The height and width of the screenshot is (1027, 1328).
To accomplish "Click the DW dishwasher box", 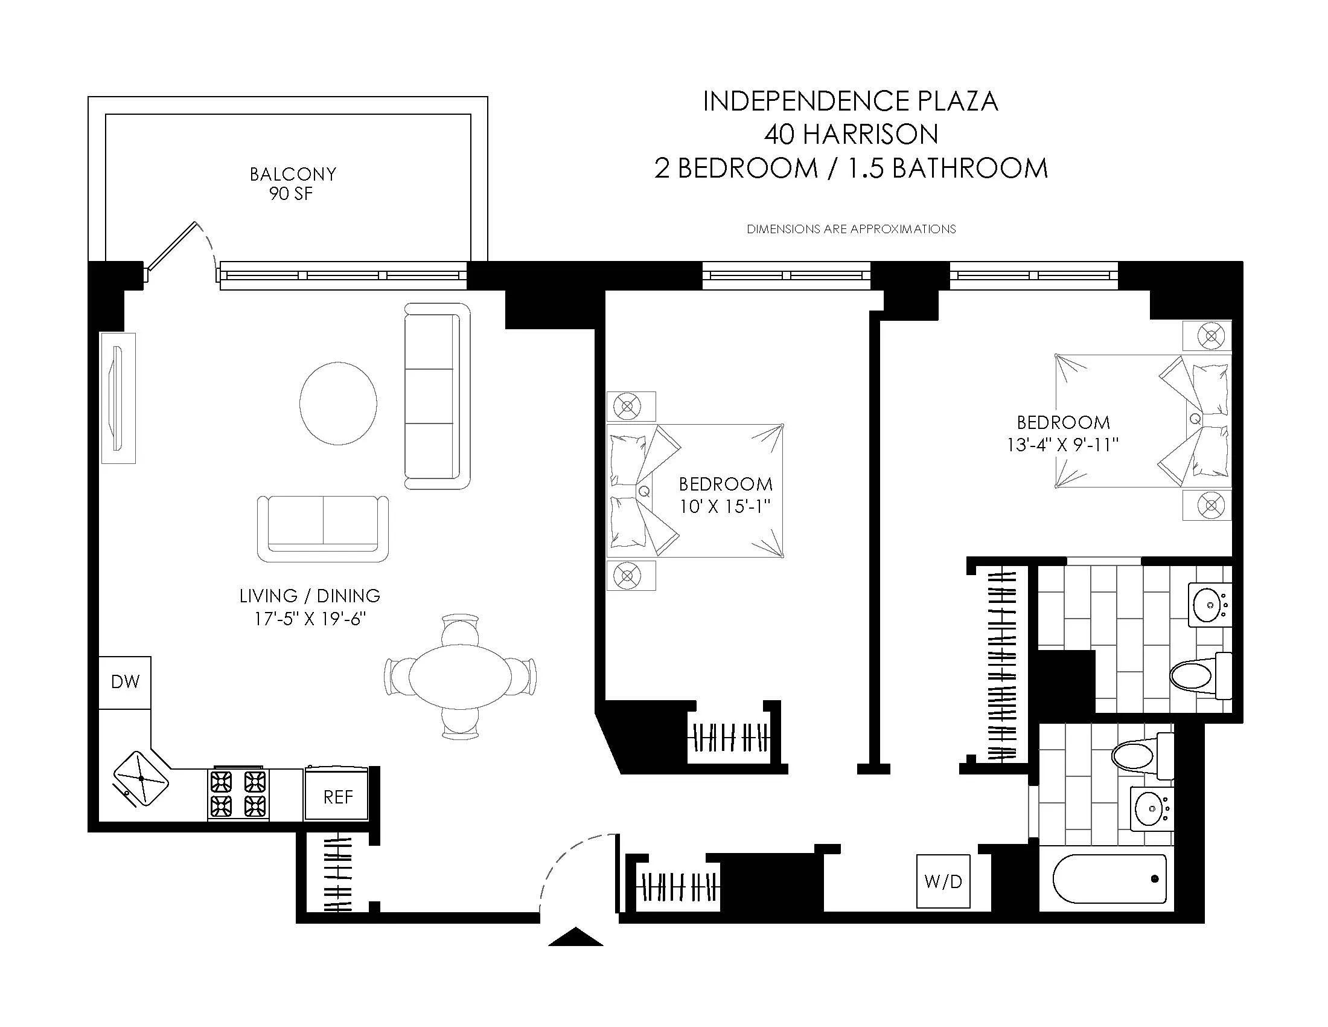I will (x=125, y=682).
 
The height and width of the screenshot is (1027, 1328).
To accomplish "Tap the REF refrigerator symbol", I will (x=337, y=796).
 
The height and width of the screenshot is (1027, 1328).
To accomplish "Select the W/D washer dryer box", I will (x=943, y=881).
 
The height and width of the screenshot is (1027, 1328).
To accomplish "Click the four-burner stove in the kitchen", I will (x=238, y=793).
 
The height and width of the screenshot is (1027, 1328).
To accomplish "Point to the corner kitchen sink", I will (x=141, y=779).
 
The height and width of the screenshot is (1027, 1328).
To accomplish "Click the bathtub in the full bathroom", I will (x=1109, y=880).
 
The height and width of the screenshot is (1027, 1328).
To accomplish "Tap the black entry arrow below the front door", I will (x=575, y=938).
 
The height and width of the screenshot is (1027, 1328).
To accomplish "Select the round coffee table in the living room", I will (x=338, y=403).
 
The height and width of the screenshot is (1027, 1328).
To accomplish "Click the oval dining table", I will (x=461, y=676).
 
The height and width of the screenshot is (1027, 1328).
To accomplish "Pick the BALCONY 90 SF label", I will (x=293, y=184).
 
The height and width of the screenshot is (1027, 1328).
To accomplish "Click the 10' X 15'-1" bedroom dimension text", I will (x=725, y=506).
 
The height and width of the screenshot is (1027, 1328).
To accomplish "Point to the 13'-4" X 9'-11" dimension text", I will (x=1062, y=445).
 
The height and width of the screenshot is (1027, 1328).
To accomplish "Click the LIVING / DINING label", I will (x=310, y=596).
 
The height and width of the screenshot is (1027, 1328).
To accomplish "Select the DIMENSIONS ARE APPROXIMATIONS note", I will (x=851, y=230).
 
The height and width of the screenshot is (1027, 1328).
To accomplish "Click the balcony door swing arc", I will (x=209, y=246).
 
